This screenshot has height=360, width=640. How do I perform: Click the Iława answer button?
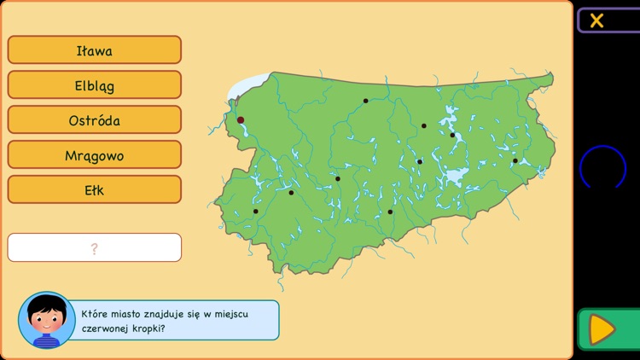pos(94,50)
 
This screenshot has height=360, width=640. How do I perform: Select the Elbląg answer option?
pos(94,85)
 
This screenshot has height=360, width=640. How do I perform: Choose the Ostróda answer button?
pos(94,120)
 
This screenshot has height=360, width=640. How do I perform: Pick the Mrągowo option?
pos(94,155)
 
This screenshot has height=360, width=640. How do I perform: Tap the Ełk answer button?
pos(94,190)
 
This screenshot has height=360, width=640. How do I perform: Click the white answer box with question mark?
pos(94,248)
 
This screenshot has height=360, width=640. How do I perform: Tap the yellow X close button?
pos(596,20)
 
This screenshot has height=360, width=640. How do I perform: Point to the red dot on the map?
pos(241,120)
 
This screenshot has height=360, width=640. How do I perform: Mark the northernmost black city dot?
pos(365,101)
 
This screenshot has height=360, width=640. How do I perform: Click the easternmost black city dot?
pos(515,160)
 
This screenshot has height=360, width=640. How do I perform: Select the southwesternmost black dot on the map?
pos(255,211)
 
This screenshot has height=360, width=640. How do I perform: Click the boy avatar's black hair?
pos(46,305)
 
